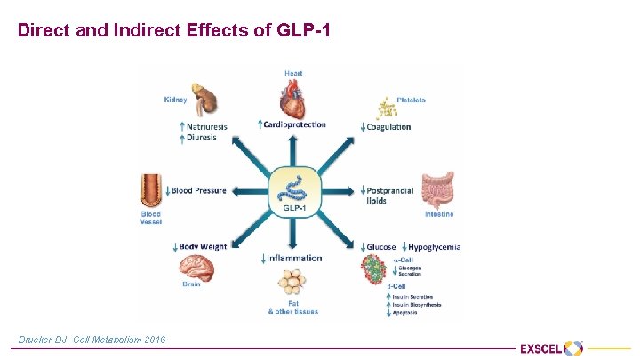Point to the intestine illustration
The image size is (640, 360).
coord(437,190)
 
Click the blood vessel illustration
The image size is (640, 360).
coord(150,191)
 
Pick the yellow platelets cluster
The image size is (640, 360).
coord(387,108)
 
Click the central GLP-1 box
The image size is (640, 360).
coord(293,191)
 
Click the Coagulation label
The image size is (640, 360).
coord(388,127)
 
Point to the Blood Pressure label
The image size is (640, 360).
coord(198,190)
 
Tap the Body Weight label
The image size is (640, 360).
coord(203,246)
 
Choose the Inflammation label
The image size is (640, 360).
coord(295,258)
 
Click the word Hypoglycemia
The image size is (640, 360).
coord(435,246)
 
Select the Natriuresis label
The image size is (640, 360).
coord(207,127)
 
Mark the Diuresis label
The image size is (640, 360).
coord(202,138)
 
